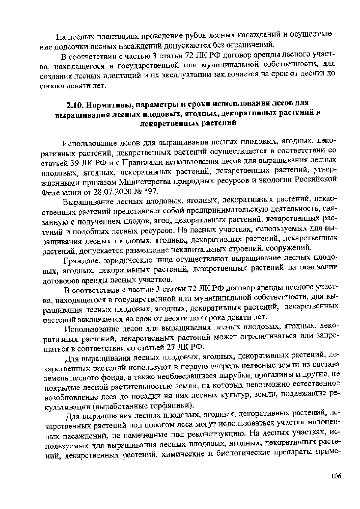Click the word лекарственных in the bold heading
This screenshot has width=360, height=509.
(171, 123)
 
